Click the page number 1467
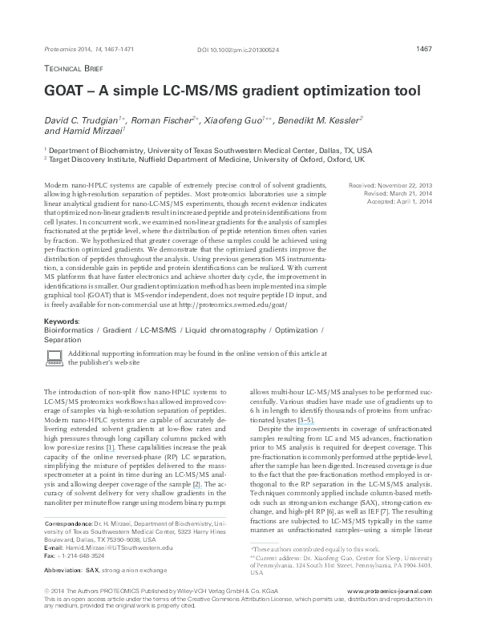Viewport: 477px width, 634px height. coord(425,49)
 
